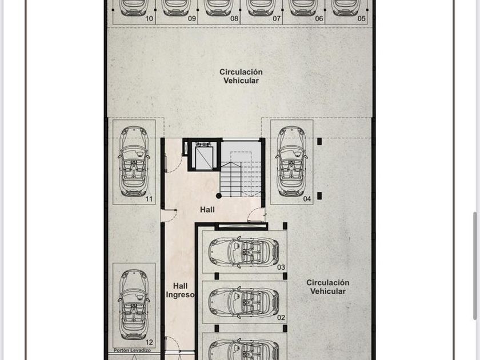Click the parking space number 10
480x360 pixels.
coord(149,19)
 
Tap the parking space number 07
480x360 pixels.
coord(277,19)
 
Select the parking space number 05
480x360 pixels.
coord(362,19)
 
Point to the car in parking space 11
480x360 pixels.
coord(134,161)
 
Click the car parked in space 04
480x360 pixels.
coord(291,161)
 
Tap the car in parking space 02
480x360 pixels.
coord(243,302)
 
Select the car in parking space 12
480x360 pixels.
coord(134,304)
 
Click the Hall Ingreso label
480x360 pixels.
coord(181,290)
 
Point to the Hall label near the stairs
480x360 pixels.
coord(207,210)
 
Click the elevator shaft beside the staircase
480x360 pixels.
coord(204,155)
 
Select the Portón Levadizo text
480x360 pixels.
coord(132,350)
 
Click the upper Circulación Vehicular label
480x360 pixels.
coord(241,76)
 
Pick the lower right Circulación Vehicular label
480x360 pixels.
coord(328,287)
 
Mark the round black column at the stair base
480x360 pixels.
coord(218,196)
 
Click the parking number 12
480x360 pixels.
coord(149,342)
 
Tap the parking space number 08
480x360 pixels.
coord(234,19)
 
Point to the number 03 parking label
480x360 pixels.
coord(281,267)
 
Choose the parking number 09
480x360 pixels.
coord(192,19)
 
